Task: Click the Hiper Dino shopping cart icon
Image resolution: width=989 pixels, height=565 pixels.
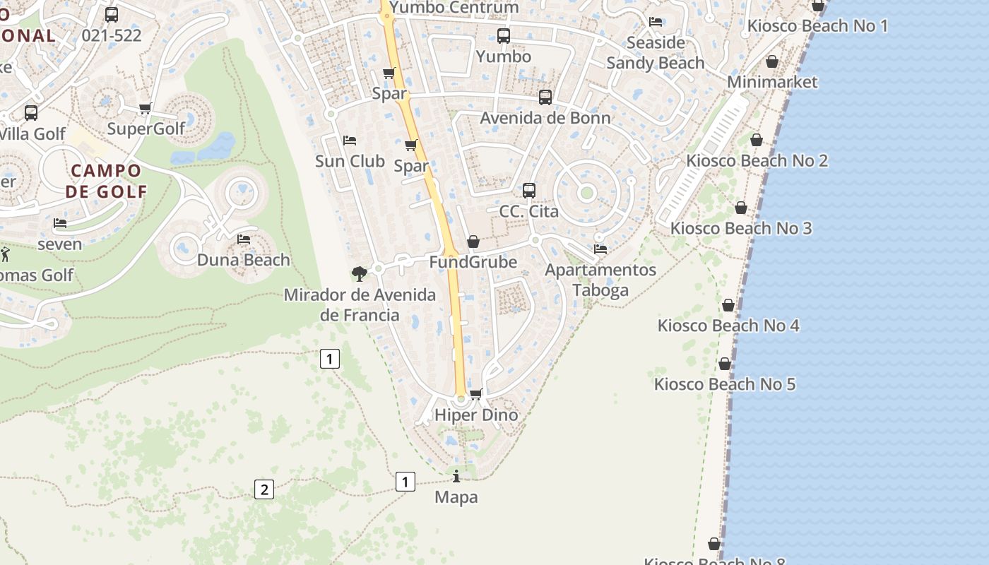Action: tap(476, 394)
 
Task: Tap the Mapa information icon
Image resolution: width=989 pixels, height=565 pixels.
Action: tap(456, 477)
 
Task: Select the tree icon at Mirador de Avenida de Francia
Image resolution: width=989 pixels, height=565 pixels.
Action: tap(359, 273)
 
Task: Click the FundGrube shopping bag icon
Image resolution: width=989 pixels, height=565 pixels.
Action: tap(473, 242)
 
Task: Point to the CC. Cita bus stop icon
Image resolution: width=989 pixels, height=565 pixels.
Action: tap(529, 191)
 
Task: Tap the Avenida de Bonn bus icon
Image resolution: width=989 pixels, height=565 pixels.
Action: tap(545, 97)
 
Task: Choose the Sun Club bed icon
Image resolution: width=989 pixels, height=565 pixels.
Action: tap(350, 141)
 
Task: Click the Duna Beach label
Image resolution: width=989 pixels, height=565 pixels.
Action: tap(243, 260)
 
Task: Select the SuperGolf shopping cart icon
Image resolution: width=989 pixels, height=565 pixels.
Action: tap(146, 108)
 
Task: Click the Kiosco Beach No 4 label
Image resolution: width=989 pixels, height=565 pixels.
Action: tap(728, 326)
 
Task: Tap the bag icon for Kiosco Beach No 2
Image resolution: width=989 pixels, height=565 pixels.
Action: tap(757, 140)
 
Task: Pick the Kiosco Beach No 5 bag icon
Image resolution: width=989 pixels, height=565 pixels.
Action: tap(725, 364)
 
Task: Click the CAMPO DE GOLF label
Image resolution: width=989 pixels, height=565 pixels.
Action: tap(106, 181)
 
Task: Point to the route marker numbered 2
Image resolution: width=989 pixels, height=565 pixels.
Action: tap(263, 489)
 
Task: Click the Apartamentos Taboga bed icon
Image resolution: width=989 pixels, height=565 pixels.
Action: tap(600, 249)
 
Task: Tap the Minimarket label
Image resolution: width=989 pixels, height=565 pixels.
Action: tap(772, 82)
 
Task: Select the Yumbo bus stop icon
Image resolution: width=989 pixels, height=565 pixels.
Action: tap(504, 36)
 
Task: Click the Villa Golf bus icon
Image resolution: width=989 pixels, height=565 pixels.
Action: tap(31, 113)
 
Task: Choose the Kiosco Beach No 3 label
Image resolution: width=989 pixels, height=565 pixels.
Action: tap(741, 228)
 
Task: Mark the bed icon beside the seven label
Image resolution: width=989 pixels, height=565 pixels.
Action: tap(60, 223)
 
